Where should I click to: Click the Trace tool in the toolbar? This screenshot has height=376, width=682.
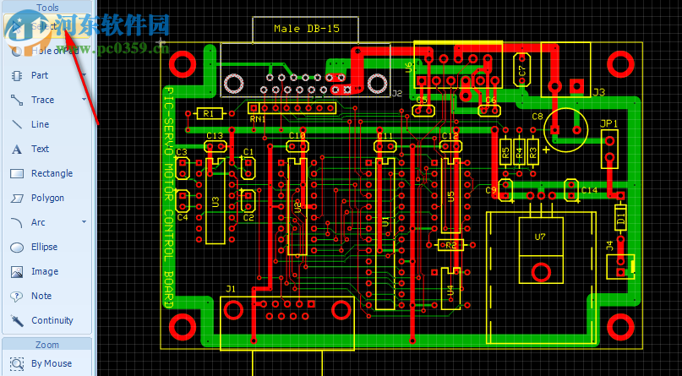(x=42, y=100)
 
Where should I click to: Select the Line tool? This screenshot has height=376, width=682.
(x=40, y=124)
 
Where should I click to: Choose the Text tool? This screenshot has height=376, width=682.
(x=40, y=149)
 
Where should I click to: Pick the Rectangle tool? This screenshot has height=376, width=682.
(x=51, y=173)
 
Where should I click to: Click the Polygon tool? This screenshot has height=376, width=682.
(x=46, y=198)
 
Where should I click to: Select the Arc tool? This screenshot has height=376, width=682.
(x=38, y=222)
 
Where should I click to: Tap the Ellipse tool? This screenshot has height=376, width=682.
(x=44, y=247)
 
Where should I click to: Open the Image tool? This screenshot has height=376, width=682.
(x=44, y=271)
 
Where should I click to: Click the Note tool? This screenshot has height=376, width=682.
(x=41, y=296)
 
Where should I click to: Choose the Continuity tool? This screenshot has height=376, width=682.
(x=52, y=320)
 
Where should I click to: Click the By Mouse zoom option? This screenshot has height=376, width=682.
(x=51, y=363)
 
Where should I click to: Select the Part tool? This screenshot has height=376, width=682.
(x=39, y=75)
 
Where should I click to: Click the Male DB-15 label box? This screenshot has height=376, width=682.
(x=305, y=29)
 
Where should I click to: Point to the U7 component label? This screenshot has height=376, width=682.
(x=540, y=237)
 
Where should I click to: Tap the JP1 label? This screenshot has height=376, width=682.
(x=608, y=123)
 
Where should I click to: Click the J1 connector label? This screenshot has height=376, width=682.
(x=231, y=289)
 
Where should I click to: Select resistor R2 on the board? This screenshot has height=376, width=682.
(x=450, y=245)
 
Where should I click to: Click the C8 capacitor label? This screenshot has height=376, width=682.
(x=537, y=116)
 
